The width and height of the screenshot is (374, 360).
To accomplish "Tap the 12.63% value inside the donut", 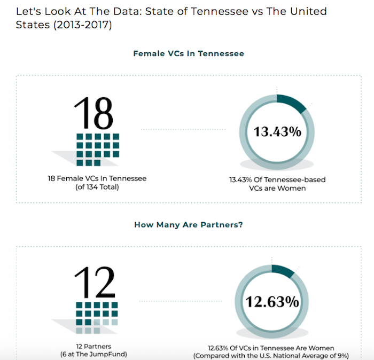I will [x=272, y=301].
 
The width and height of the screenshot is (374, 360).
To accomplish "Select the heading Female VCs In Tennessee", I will [x=189, y=53].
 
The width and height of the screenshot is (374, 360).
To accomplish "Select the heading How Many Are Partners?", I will [x=189, y=225].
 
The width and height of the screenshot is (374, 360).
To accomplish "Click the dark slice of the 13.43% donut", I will [x=292, y=102].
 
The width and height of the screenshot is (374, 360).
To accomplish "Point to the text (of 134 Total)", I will [x=94, y=187].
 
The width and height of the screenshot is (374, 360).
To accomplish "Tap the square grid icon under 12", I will [x=96, y=314].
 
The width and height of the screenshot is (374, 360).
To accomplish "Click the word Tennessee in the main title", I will [x=212, y=11].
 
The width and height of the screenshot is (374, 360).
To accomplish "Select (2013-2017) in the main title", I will [x=86, y=25].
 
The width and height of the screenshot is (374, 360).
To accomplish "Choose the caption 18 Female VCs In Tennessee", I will [x=94, y=178].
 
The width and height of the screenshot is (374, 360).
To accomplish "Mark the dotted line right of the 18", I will [x=182, y=129].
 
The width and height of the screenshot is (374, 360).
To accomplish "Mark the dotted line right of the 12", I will [x=182, y=299].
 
